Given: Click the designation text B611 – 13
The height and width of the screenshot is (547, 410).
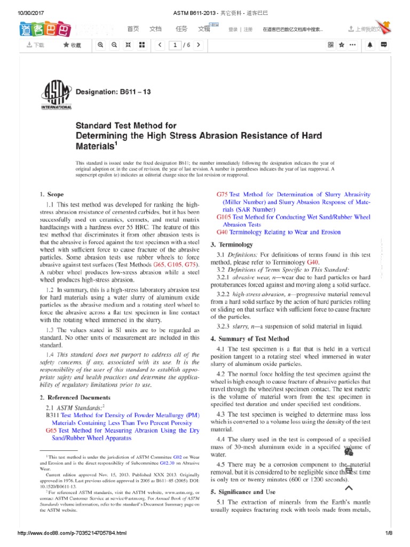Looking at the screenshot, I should point(113,92).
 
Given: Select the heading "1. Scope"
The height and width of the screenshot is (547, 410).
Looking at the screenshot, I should point(52,194).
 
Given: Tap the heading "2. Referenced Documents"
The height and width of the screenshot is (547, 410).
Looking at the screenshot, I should point(75,397).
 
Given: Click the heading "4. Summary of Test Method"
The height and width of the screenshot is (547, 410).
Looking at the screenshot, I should point(250,339).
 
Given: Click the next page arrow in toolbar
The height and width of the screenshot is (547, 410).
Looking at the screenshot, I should point(199,45).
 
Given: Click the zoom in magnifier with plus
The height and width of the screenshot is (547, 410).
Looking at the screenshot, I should point(100,45).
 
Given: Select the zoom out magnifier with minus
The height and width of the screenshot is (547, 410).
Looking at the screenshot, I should point(114,45).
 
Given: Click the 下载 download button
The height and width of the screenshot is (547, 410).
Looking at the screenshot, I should point(35,45).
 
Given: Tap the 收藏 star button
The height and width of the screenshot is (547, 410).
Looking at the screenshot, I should point(72,45).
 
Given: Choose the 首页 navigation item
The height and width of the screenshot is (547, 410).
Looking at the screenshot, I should point(132,29).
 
